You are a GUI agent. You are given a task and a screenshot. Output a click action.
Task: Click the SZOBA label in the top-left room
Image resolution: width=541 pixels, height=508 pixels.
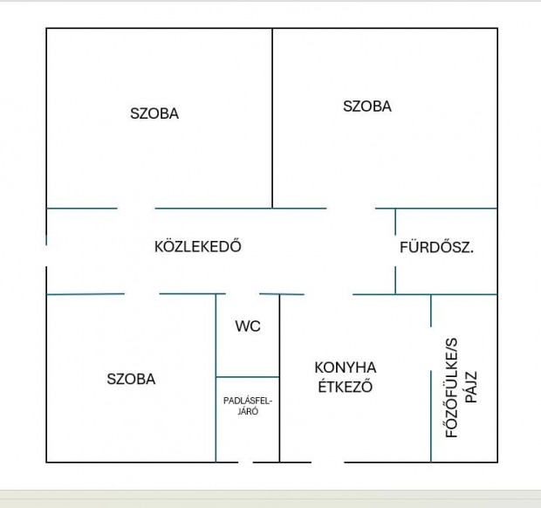(x=154, y=113)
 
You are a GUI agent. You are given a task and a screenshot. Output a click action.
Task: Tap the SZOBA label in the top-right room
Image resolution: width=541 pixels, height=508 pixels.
(x=367, y=106)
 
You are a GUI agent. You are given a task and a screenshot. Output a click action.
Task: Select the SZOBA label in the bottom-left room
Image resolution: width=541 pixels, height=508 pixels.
(x=131, y=380)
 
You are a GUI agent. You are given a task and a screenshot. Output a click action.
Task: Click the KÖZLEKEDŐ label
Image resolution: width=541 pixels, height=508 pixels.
(x=197, y=247)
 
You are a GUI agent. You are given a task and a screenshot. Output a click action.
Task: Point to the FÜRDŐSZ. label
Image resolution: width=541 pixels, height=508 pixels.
(x=436, y=247)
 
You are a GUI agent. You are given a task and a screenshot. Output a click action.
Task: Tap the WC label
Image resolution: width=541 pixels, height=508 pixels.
(x=248, y=326)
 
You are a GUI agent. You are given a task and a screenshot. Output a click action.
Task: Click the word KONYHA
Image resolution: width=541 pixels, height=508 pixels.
(x=346, y=367)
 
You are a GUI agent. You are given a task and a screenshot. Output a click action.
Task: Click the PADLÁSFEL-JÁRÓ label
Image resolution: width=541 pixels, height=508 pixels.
(x=248, y=407)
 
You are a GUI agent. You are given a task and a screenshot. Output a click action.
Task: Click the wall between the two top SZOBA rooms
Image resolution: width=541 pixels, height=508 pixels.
(x=272, y=118)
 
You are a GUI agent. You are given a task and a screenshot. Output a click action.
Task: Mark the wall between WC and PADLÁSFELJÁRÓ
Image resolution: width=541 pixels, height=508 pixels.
(x=248, y=377)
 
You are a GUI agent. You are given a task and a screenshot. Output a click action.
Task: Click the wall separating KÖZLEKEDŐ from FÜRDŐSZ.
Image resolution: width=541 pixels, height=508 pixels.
(x=395, y=251)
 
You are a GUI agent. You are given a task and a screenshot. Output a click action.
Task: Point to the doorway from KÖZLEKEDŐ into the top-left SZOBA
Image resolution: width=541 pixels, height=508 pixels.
(x=136, y=209)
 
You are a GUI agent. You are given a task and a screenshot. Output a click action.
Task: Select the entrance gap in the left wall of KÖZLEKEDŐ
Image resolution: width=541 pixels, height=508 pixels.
(x=46, y=256)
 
